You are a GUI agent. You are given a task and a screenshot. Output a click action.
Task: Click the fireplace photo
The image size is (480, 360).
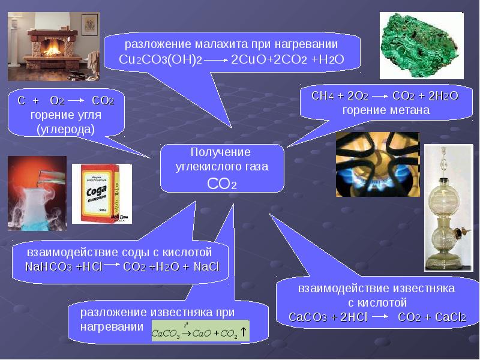click(53, 47)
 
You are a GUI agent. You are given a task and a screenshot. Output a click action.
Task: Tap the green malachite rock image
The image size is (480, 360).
click(422, 46)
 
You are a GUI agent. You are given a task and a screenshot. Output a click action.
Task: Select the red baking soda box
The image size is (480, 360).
click(102, 193)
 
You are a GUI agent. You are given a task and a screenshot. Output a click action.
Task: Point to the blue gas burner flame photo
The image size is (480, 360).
click(377, 164)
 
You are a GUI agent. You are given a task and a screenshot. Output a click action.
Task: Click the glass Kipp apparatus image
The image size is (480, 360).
click(448, 208)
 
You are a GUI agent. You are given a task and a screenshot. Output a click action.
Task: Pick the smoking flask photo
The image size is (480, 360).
click(37, 193)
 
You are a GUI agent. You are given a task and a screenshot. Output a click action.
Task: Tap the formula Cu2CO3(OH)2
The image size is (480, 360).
click(160, 59)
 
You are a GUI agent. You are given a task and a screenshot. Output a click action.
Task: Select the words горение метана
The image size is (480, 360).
click(386, 110)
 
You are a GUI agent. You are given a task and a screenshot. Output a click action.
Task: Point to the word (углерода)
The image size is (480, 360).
click(66, 130)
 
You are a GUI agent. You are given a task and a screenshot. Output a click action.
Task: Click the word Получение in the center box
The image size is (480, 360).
click(220, 152)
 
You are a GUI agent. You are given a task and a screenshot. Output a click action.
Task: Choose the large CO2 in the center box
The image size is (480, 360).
click(222, 184)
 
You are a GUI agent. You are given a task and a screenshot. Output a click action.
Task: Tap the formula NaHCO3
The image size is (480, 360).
click(49, 267)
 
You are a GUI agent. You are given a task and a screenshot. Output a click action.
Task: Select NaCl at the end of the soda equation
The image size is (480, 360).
click(206, 267)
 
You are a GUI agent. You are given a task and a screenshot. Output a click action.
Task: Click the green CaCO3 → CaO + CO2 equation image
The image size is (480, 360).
click(200, 331)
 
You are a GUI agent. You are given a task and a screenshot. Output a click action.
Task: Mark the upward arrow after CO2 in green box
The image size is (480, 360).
click(244, 332)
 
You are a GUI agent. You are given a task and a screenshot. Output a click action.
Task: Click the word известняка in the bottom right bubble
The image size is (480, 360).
click(424, 289)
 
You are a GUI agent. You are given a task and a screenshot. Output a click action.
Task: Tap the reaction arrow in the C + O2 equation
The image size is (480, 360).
click(76, 100)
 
